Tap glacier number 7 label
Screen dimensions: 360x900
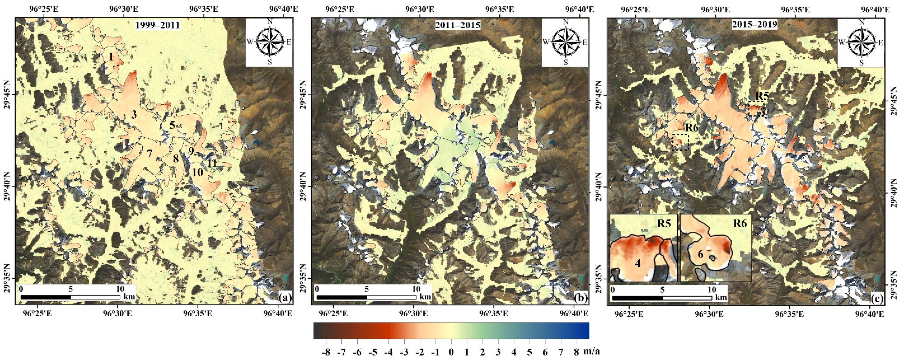pos(149,153)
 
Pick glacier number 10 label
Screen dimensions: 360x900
pos(197,172)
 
